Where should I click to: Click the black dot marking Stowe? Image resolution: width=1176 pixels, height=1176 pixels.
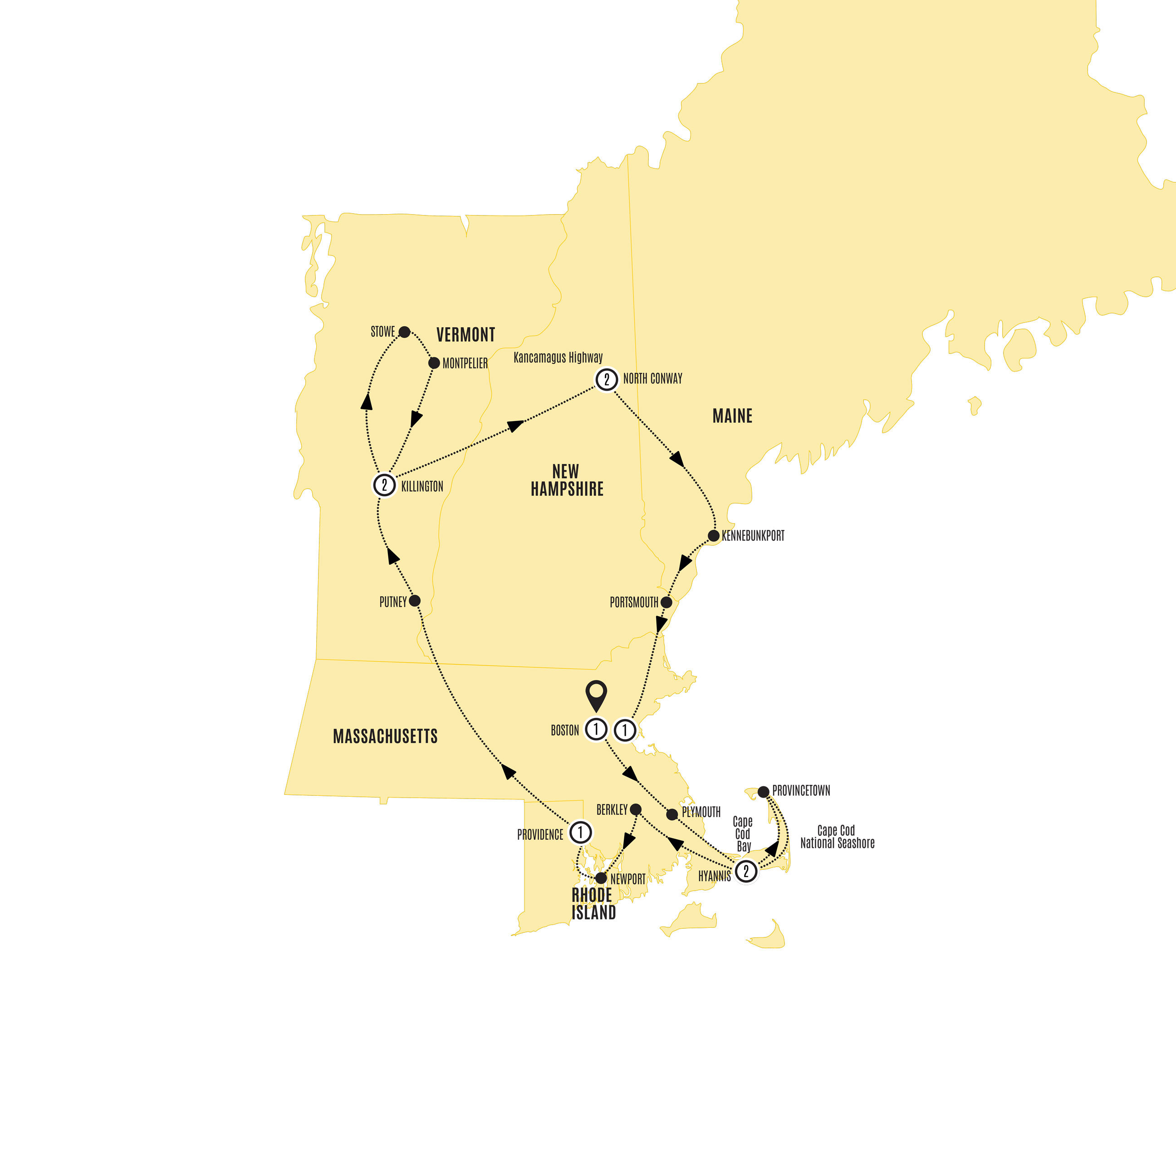point(404,332)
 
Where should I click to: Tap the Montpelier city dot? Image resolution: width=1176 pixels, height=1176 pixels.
point(434,363)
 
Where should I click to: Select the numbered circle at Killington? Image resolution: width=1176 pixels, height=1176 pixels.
point(384,485)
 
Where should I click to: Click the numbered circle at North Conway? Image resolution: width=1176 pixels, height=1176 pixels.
point(606,379)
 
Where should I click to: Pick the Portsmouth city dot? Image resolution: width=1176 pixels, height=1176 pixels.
point(666,603)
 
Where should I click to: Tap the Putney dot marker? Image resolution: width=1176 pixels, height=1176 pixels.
point(415,601)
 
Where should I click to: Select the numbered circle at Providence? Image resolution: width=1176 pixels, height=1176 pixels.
point(580,832)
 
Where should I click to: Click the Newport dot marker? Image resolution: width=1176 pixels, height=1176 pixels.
point(601,878)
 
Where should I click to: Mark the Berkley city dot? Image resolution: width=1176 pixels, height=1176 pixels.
point(636,809)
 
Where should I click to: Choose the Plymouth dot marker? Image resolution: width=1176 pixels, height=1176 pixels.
point(672,814)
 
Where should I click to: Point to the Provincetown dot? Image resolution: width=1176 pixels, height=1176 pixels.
point(763,792)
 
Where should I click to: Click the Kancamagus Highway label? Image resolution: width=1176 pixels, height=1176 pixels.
point(558,358)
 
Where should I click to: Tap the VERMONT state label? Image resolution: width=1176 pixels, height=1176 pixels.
point(465,335)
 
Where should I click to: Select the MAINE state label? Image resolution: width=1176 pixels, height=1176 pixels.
point(732,416)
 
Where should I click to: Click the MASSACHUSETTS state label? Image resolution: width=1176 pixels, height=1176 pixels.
point(385,736)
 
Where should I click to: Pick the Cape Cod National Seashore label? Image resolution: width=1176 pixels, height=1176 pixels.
point(837,837)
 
